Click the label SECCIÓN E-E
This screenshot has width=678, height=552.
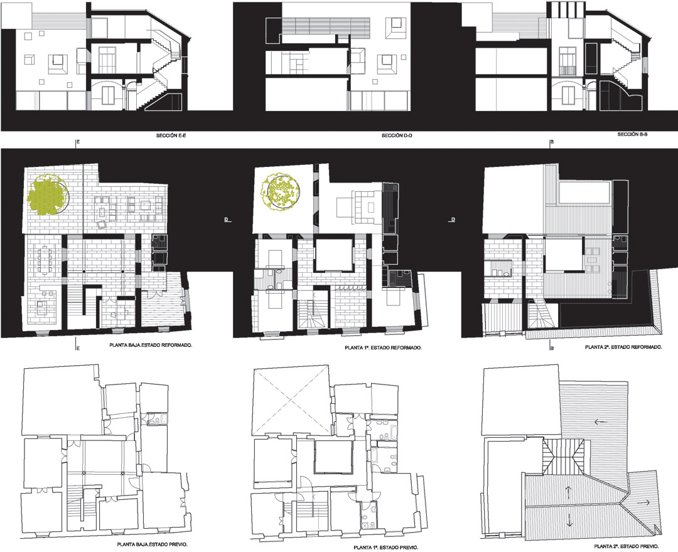pos(171,135)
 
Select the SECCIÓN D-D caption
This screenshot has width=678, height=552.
pos(396,135)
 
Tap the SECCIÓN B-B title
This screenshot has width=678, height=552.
pos(632,134)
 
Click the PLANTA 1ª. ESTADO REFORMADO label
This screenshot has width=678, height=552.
pos(383,348)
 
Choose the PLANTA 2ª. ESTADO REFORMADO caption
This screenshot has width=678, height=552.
pos(623,347)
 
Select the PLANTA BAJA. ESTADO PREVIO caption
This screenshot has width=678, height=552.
pos(152,544)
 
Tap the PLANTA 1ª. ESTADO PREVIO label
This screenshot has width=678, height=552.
pos(385,548)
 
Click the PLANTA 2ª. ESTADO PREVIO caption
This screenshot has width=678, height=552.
pos(627,546)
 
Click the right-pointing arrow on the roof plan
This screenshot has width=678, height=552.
pos(644,502)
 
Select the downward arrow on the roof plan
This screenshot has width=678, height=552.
pos(569,519)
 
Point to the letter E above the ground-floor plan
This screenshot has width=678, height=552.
pos(78,142)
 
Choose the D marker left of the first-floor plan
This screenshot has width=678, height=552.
pos(226,220)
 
